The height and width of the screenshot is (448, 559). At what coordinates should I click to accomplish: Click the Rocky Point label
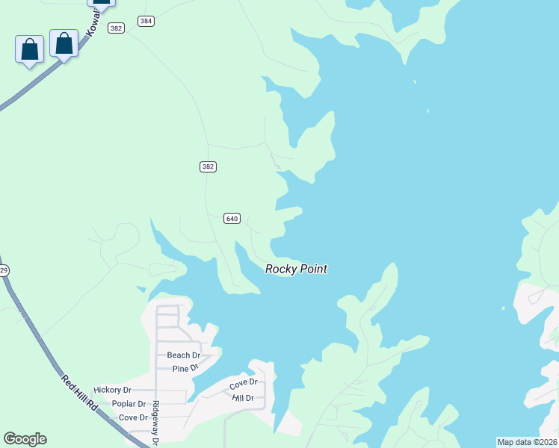click(296, 269)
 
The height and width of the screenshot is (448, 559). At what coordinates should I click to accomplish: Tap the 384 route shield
click(146, 21)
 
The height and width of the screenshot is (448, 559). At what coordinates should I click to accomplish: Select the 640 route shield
click(231, 218)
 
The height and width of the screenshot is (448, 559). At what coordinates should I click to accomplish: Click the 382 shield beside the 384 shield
click(115, 28)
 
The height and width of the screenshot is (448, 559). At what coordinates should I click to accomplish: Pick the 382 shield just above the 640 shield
click(208, 167)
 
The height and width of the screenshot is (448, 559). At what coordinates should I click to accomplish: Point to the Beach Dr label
click(183, 355)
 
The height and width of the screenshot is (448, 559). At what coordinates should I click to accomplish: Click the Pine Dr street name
click(185, 368)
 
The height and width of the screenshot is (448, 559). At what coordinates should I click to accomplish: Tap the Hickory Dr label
click(112, 390)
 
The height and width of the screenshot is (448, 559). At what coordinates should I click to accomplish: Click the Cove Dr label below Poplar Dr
click(133, 417)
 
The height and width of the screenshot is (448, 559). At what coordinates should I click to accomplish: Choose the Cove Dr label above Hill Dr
click(243, 384)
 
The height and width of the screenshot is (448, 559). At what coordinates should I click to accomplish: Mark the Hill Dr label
click(244, 398)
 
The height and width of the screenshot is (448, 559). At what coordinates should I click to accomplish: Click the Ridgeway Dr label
click(156, 423)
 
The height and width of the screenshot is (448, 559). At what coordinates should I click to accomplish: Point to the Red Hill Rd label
click(79, 393)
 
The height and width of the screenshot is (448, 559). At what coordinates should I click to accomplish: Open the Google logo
click(25, 439)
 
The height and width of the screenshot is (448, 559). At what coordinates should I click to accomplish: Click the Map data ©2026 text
click(527, 442)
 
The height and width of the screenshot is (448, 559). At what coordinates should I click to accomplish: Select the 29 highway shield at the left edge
click(3, 270)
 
